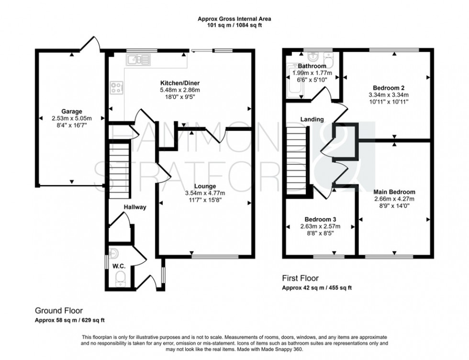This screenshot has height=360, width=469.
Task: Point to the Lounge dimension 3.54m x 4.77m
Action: [205, 193]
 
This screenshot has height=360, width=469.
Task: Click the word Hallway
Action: [135, 207]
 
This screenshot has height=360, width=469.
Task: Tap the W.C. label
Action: [118, 265]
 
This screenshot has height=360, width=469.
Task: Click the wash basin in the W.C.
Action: [113, 253]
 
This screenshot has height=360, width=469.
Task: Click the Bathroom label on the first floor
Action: [312, 66]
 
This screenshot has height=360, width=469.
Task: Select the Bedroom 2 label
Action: [389, 87]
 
